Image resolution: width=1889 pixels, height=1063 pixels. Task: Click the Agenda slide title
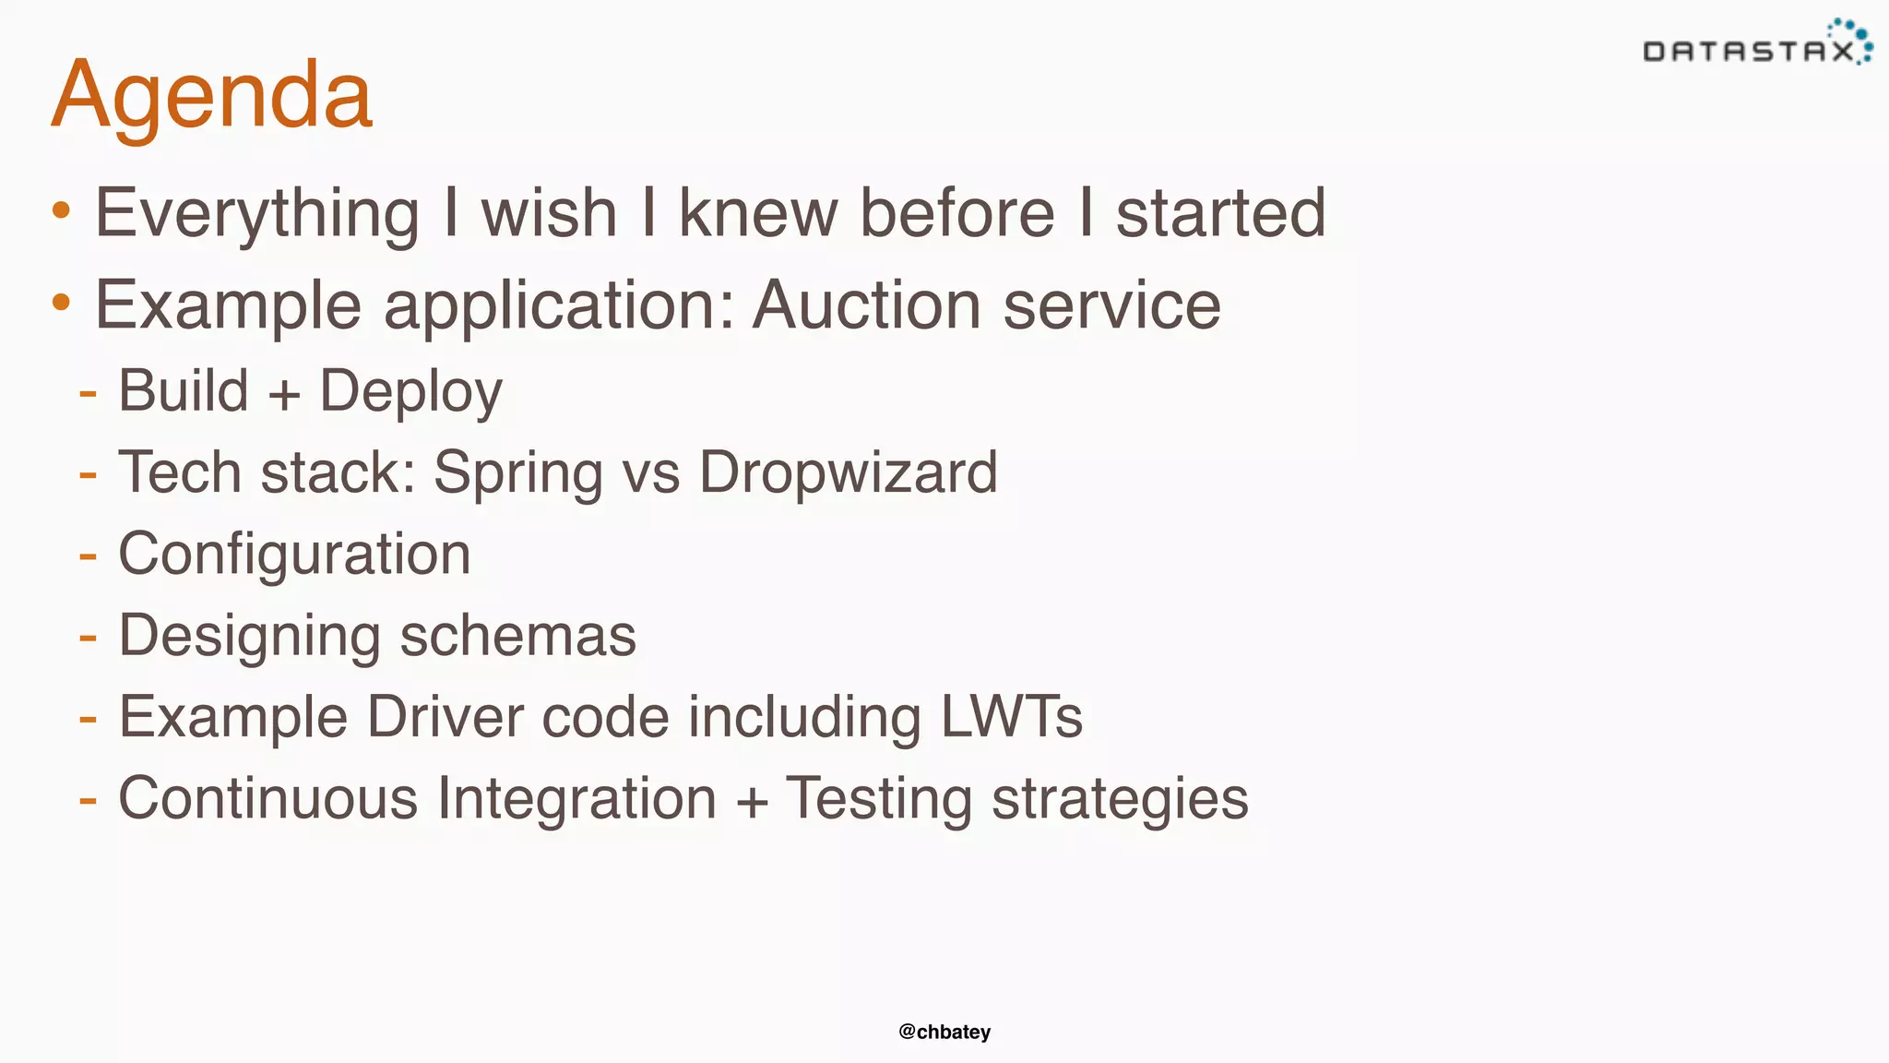pyautogui.click(x=212, y=95)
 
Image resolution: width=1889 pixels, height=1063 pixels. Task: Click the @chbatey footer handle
pyautogui.click(x=944, y=1032)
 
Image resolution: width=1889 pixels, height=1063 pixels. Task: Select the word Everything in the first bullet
pyautogui.click(x=257, y=214)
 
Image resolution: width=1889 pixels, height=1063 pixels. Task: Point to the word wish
pyautogui.click(x=549, y=213)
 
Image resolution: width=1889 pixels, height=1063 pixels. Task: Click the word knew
pyautogui.click(x=758, y=213)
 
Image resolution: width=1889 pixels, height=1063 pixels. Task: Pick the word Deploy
pyautogui.click(x=410, y=391)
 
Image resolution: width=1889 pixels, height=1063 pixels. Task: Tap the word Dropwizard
pyautogui.click(x=848, y=472)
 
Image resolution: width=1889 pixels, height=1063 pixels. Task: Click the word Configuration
pyautogui.click(x=294, y=555)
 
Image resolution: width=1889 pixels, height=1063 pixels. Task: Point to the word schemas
pyautogui.click(x=517, y=636)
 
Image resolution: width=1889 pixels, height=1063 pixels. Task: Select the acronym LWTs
pyautogui.click(x=1011, y=717)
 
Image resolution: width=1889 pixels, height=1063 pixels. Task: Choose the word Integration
pyautogui.click(x=576, y=798)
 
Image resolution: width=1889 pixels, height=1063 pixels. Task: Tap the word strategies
pyautogui.click(x=1120, y=800)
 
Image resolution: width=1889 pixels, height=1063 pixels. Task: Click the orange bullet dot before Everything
pyautogui.click(x=61, y=210)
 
